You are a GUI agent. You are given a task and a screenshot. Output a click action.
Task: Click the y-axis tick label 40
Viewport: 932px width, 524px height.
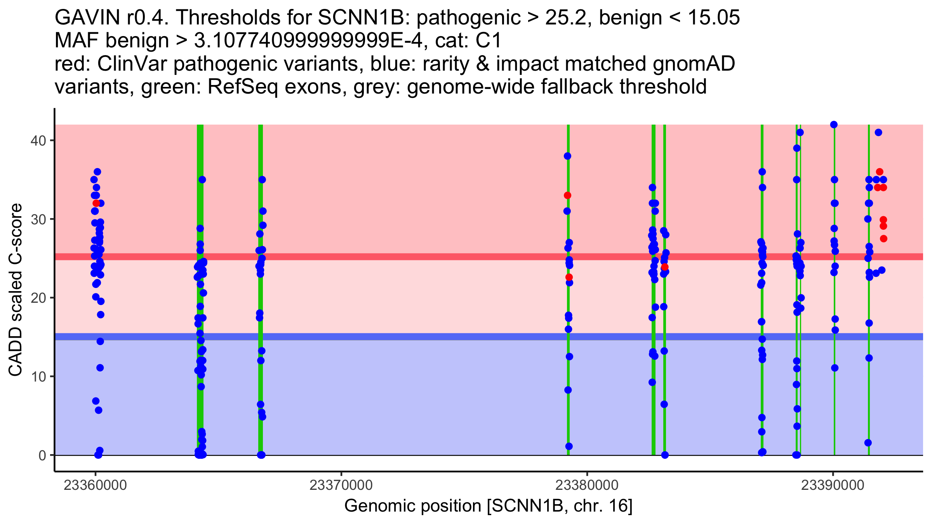point(38,141)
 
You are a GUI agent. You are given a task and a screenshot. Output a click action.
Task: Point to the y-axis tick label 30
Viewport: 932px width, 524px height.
point(38,219)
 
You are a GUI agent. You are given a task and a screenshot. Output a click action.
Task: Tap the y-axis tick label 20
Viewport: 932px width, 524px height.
point(38,298)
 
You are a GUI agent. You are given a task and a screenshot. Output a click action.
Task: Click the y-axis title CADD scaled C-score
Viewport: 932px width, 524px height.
point(16,290)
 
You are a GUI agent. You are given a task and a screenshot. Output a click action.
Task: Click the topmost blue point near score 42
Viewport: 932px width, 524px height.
point(834,125)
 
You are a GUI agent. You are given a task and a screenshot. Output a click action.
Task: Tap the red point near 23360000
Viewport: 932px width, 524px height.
point(96,203)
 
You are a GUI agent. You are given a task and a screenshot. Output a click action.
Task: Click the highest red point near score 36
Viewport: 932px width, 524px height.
point(880,172)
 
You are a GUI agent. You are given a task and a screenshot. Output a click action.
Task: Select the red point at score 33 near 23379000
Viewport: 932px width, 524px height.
point(567,195)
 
